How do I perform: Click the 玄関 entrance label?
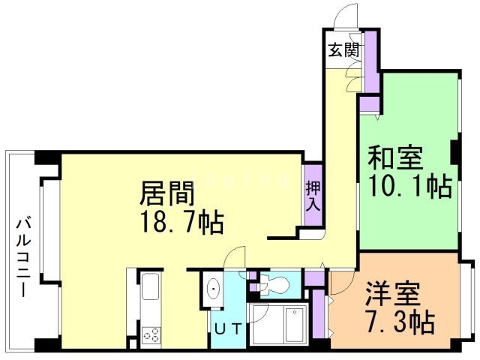click(343, 50)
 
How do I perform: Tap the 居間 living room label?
click(167, 193)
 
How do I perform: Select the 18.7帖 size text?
click(181, 223)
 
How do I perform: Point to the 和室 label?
click(395, 158)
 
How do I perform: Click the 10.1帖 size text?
click(410, 186)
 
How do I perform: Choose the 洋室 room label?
click(392, 295)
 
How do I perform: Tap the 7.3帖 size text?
click(400, 322)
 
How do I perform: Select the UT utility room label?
click(228, 329)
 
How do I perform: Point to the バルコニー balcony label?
click(23, 256)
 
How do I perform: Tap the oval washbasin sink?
click(213, 289)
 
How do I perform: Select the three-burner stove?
click(151, 335)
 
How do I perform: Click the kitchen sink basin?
click(150, 286)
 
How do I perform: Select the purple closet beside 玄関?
click(370, 61)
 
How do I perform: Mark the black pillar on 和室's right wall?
click(454, 152)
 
